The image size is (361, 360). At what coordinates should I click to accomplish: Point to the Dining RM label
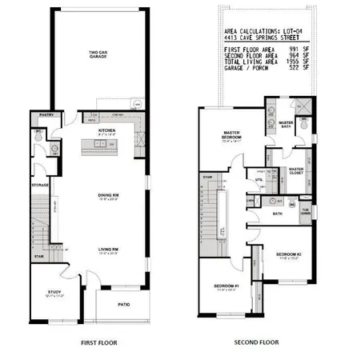point(109,194)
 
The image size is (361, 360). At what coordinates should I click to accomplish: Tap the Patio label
point(123,303)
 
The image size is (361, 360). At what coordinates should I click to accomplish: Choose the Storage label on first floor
point(41,186)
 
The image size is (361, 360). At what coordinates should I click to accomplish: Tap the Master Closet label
point(295,170)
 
